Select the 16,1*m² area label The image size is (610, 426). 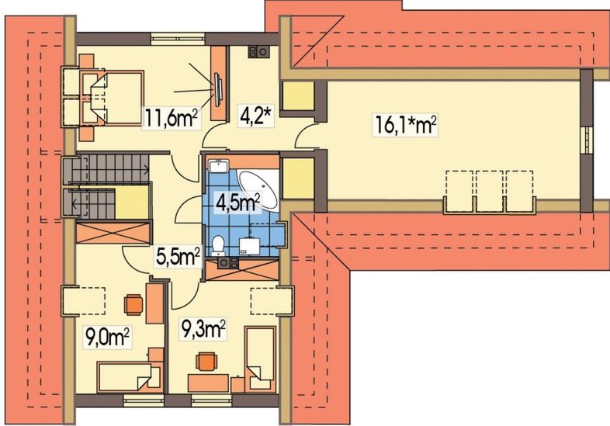404,123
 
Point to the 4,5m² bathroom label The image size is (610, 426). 236,204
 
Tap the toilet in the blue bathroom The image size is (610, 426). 220,244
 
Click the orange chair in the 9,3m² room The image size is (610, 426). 206,362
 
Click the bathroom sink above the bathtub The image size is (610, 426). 217,165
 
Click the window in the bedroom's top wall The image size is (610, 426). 178,34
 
